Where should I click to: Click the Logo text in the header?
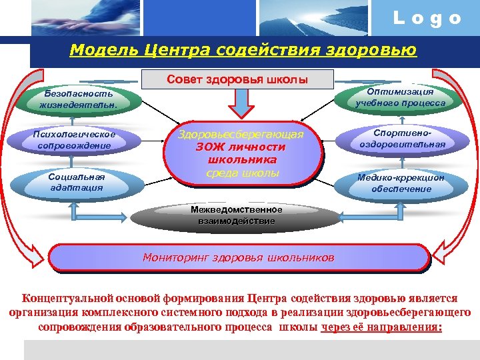[427, 19]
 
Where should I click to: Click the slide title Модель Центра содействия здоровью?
[243, 51]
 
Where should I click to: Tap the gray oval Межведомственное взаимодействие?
[236, 215]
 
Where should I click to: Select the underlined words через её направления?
[381, 327]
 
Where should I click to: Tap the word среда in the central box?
[223, 173]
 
